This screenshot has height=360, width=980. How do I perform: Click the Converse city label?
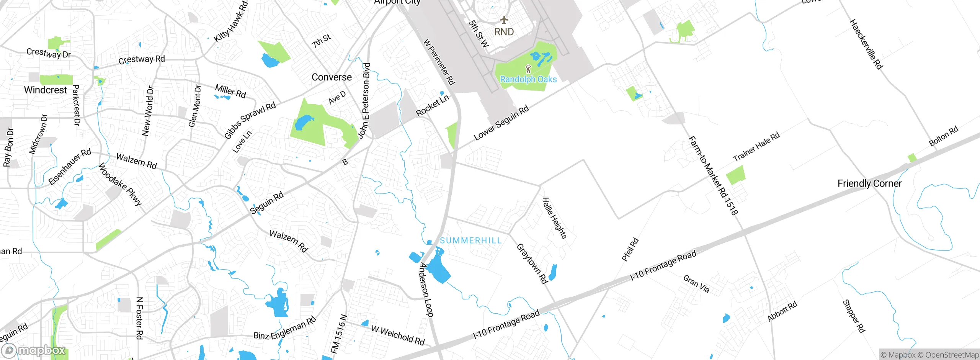point(332,77)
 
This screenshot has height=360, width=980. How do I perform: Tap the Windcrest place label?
point(46,90)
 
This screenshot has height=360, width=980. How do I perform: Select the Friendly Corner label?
point(869,183)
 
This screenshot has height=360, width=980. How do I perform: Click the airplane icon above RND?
point(504,20)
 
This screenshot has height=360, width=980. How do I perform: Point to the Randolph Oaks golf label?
point(528,79)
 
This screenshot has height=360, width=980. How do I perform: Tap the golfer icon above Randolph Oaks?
point(528,69)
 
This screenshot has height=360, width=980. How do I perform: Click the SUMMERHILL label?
point(470,241)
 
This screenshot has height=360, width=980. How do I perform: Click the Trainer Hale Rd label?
point(756,147)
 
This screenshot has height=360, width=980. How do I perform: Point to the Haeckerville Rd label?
point(866,44)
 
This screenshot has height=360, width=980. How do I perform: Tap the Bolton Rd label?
point(943,136)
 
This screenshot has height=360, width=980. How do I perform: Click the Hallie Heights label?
point(555,218)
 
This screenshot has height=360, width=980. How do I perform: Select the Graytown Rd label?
point(532,263)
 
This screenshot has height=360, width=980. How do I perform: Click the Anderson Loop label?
point(426,290)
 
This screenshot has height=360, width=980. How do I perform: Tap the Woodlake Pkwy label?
point(120,184)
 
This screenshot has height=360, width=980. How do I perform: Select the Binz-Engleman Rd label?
point(285,329)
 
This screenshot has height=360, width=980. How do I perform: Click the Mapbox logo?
point(34,350)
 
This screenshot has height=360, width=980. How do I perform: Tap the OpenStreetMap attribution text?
point(952,355)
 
